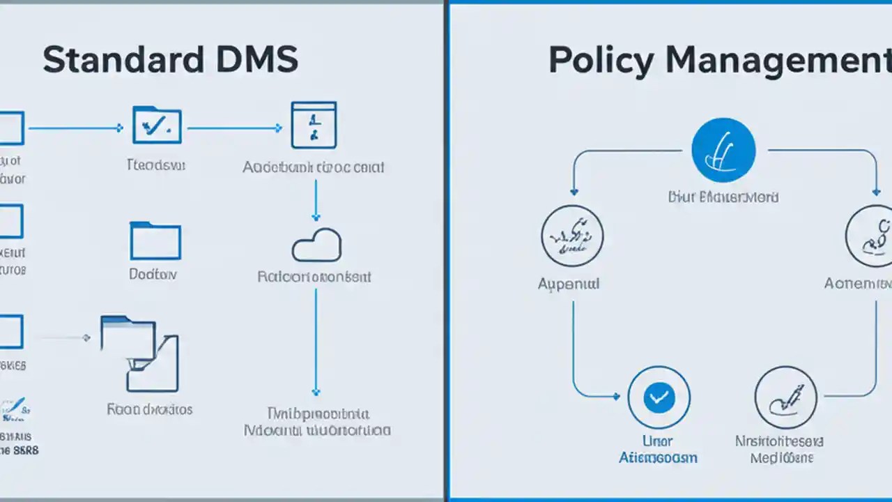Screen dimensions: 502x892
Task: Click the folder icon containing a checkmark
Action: [157, 125]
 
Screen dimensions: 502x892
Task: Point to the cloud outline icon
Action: [316, 245]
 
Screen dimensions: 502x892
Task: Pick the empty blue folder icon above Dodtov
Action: [155, 241]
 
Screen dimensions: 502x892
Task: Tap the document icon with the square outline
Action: [314, 125]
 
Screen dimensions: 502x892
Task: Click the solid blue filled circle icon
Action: [723, 150]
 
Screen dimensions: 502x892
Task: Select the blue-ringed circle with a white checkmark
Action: [659, 397]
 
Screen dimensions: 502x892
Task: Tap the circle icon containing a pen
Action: [785, 397]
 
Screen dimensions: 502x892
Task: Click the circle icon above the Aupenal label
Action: [572, 236]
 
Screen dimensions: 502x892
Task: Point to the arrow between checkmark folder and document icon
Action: [234, 128]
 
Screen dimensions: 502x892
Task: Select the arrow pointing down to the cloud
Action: [316, 200]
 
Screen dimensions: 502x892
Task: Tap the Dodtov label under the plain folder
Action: [153, 275]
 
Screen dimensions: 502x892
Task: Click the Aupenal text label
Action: [569, 284]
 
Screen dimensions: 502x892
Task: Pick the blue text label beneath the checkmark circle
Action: [658, 449]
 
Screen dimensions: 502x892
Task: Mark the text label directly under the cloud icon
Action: [314, 277]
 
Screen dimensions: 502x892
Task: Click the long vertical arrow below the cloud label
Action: [316, 342]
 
